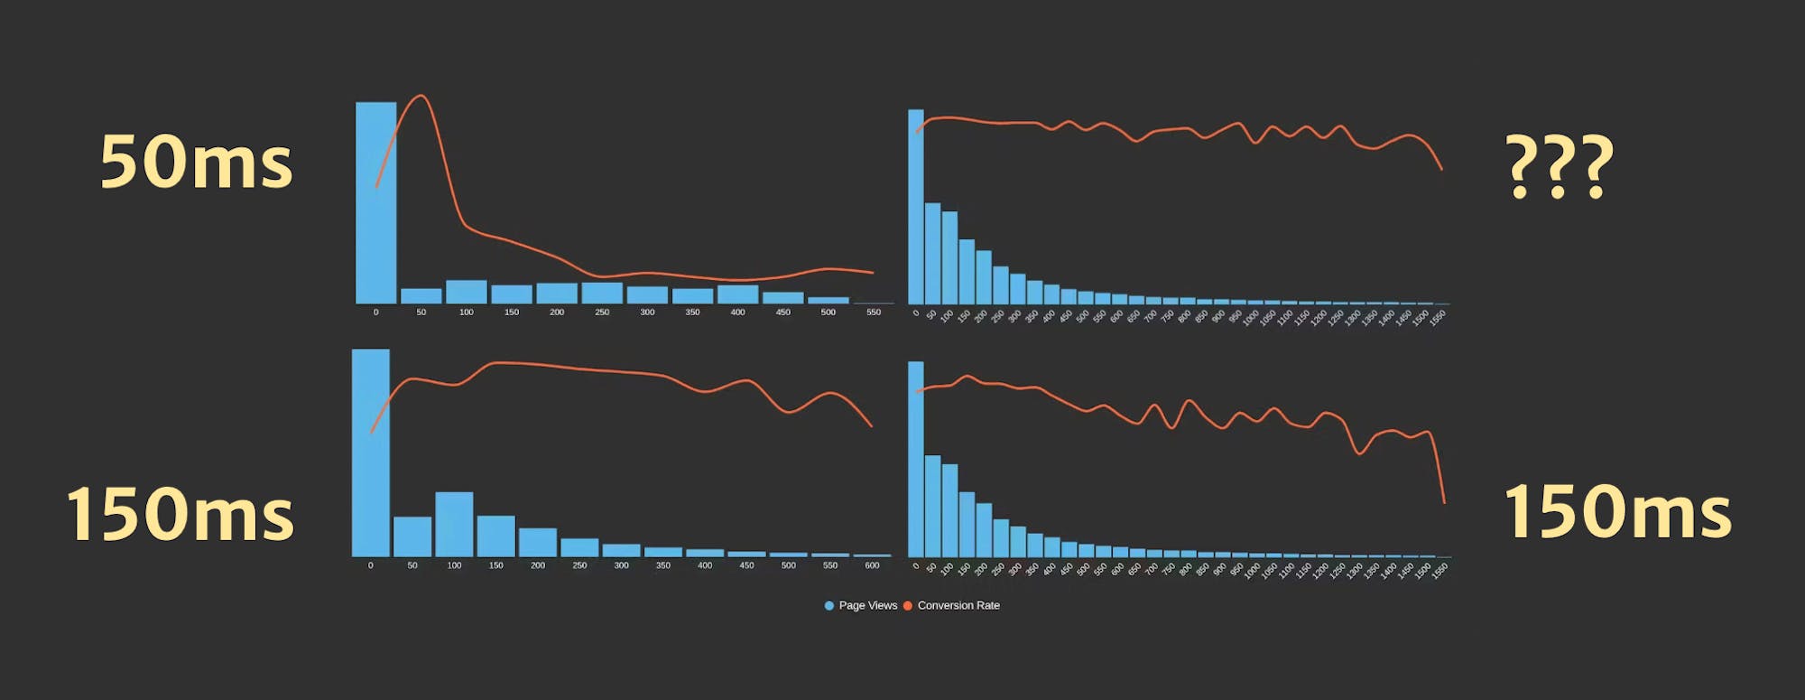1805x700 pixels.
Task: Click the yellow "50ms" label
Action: point(196,163)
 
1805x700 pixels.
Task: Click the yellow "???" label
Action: point(1560,166)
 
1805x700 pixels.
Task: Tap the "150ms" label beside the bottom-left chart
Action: point(180,514)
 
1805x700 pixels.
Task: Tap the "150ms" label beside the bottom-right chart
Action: point(1617,511)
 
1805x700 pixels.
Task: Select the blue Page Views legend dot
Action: point(829,606)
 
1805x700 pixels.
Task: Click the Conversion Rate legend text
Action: point(958,606)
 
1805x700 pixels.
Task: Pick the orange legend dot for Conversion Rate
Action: point(908,606)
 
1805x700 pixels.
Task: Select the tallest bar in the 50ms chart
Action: point(375,203)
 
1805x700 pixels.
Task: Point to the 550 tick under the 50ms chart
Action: point(874,313)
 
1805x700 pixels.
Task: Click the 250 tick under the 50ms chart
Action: point(602,313)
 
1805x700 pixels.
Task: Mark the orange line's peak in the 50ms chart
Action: point(421,96)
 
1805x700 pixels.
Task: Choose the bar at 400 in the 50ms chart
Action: point(737,294)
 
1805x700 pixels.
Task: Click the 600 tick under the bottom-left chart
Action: point(872,565)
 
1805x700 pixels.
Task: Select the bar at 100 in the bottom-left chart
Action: point(454,524)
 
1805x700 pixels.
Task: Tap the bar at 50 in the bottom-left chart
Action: point(412,537)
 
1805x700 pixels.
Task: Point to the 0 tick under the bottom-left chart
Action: point(370,565)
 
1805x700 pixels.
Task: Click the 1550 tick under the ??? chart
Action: point(1439,316)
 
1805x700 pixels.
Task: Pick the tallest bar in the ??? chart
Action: point(915,207)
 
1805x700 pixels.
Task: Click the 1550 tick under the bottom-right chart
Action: point(1440,569)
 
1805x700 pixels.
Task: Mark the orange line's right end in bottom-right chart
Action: point(1444,502)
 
